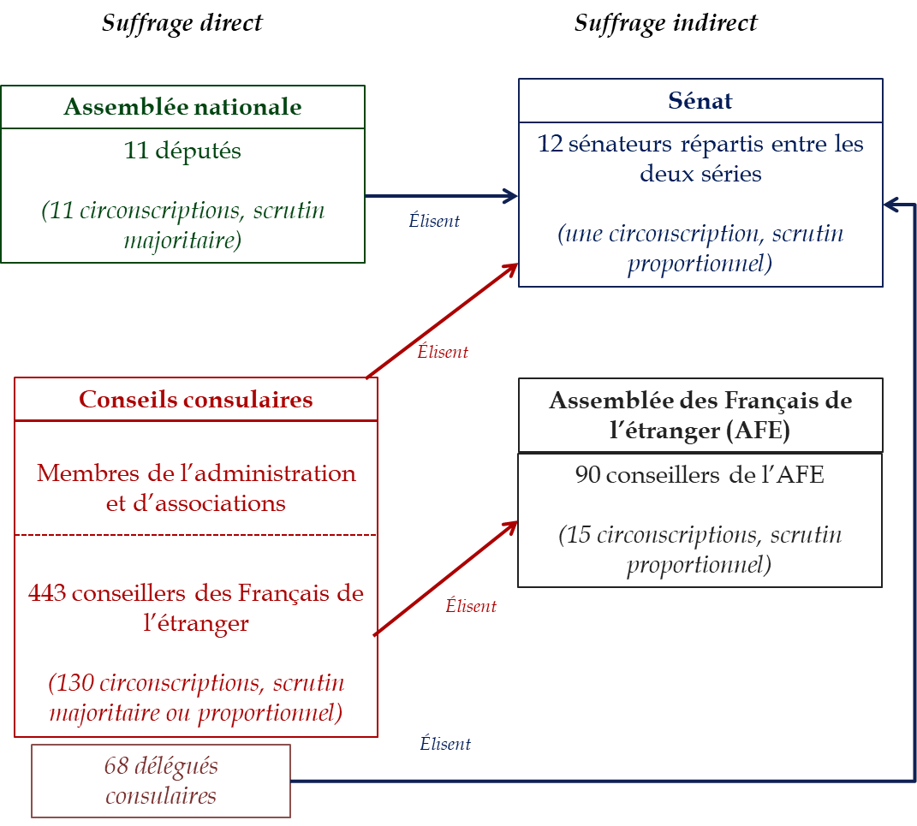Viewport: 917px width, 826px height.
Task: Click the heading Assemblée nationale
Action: [182, 107]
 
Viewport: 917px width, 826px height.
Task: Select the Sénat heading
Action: [700, 101]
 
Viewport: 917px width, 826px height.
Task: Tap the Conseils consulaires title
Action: [195, 400]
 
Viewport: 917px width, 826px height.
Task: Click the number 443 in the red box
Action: [47, 593]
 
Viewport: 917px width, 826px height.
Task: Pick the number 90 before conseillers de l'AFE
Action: [587, 475]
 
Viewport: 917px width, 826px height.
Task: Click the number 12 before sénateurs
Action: [550, 144]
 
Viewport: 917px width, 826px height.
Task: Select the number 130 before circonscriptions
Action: [71, 684]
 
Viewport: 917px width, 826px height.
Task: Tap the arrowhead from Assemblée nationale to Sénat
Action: [511, 196]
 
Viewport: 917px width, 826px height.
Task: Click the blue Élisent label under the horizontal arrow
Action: [434, 221]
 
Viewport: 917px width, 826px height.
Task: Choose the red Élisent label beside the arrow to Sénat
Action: [443, 352]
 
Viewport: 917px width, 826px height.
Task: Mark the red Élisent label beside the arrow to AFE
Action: [471, 607]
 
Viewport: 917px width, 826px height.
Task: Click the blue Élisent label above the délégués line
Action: [445, 744]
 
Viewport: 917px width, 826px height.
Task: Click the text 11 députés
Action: [182, 152]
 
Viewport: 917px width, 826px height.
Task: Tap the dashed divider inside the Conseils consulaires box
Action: [195, 535]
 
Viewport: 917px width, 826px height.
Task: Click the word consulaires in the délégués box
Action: [161, 796]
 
